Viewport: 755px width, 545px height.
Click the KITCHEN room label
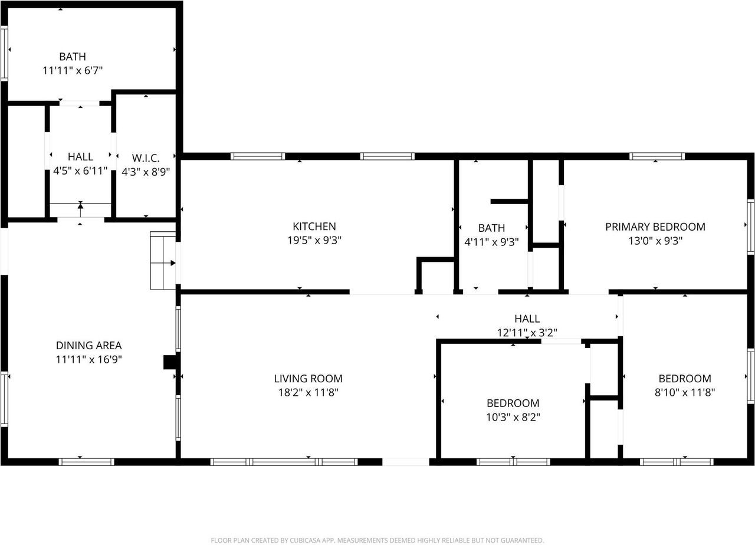point(314,226)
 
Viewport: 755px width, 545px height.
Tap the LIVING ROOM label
point(308,379)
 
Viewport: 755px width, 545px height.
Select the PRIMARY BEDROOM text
point(655,226)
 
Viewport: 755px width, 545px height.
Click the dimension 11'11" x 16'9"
point(88,359)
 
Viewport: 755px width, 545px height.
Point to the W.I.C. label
point(145,157)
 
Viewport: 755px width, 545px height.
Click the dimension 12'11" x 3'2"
point(527,333)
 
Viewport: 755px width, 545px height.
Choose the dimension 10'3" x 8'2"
point(513,417)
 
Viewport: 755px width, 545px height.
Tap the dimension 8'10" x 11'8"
point(685,392)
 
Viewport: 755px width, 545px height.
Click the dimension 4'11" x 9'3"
point(491,241)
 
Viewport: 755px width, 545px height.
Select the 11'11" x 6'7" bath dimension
point(73,70)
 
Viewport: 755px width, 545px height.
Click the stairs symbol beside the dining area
point(163,261)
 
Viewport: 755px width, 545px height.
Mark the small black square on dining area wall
point(169,362)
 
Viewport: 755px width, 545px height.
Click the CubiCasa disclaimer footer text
point(377,540)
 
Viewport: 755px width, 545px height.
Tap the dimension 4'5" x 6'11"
point(80,171)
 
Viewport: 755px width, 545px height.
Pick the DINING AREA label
point(88,346)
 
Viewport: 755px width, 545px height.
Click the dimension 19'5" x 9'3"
point(314,241)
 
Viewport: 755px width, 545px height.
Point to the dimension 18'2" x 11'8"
point(308,392)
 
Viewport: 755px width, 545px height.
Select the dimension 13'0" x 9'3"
point(655,241)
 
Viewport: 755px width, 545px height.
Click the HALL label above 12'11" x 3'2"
point(527,319)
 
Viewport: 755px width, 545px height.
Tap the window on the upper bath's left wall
point(4,53)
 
